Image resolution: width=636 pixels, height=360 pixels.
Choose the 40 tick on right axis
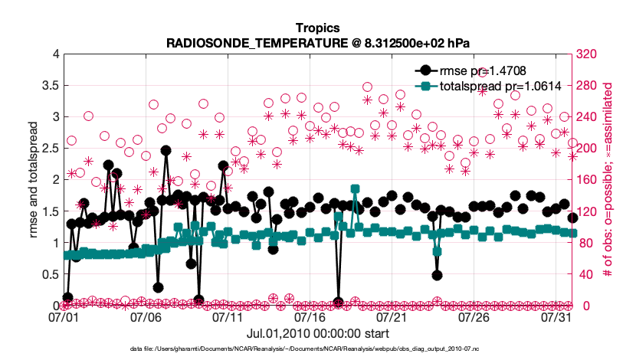tap(586, 274)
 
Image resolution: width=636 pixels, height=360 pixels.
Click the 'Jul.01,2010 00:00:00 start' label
tap(318, 334)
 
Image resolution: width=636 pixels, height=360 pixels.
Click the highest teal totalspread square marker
tap(355, 188)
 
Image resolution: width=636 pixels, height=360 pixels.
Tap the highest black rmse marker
tap(166, 151)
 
